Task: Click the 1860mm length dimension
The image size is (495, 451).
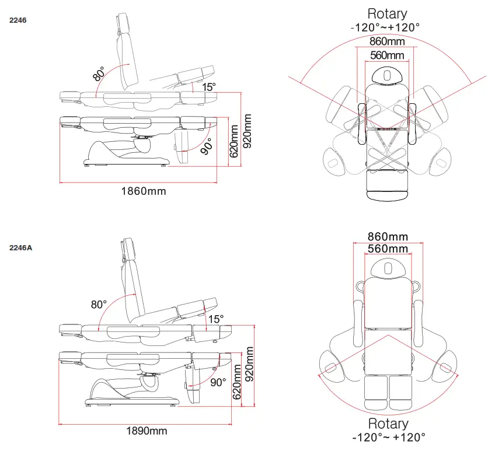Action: tap(143, 191)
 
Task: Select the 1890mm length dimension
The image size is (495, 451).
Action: tap(147, 431)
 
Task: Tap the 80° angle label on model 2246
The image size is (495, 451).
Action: tap(99, 75)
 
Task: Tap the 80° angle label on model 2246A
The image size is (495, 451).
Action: tap(99, 305)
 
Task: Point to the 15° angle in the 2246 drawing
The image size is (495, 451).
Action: tap(209, 86)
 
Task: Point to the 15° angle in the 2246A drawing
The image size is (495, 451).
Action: tap(215, 319)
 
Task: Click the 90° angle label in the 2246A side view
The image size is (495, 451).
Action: tap(218, 383)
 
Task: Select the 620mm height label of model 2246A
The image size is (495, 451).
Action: tap(237, 382)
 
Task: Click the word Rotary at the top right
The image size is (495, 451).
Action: tap(387, 13)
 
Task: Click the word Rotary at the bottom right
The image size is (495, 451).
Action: tap(388, 424)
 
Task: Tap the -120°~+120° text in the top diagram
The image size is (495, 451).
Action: tap(385, 27)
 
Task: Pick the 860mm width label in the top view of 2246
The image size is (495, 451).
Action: tap(387, 41)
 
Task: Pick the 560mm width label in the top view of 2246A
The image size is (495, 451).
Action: tap(388, 249)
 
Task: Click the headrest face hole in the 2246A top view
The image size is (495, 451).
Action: tap(388, 267)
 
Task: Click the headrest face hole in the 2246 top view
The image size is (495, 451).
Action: tap(387, 74)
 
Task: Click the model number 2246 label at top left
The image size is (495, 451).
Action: tap(18, 20)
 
